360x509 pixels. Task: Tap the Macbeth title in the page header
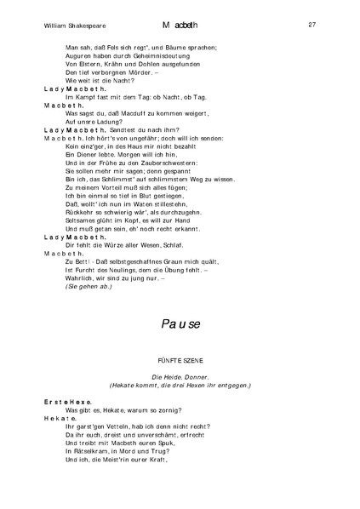(181, 26)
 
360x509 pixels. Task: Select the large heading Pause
(180, 323)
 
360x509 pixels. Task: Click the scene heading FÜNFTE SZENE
(180, 362)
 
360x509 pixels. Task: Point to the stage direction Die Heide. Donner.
(180, 376)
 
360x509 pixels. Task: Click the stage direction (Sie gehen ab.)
(88, 286)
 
